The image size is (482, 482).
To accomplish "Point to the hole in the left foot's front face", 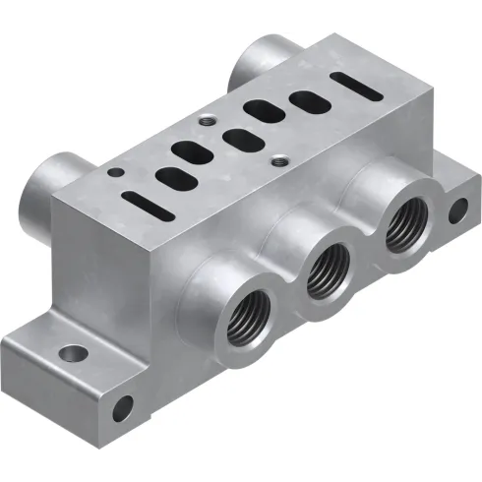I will (x=123, y=403).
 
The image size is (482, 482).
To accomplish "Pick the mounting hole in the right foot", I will (x=457, y=209).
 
